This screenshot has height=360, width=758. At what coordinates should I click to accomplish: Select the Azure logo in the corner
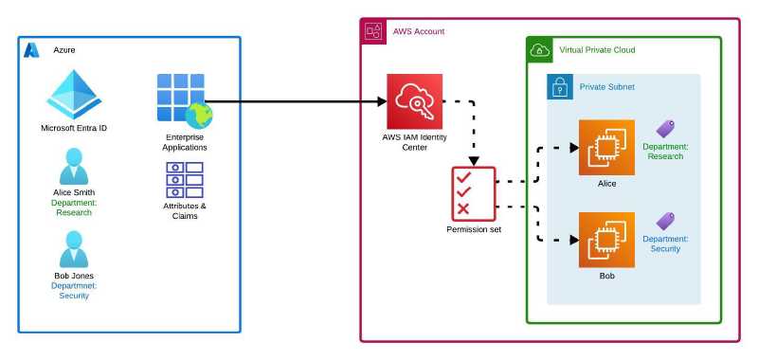31,49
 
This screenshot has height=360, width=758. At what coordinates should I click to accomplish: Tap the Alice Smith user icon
73,167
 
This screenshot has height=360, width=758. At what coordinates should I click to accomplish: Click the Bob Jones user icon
73,250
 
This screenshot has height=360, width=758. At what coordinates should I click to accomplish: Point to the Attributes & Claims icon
185,179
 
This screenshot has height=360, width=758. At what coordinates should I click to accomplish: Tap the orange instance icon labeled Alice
606,148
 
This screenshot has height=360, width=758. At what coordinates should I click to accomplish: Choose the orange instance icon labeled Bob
606,240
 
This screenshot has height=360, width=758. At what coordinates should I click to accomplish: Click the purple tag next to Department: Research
666,130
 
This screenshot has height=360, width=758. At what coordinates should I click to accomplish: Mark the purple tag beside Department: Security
666,222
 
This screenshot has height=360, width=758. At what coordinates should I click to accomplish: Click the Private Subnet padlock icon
561,87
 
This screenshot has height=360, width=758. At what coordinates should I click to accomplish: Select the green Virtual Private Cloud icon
539,49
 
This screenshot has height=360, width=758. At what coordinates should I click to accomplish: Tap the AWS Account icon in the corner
372,31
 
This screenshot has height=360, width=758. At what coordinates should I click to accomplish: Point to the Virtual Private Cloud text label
597,50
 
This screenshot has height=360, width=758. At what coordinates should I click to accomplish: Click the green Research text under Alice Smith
73,212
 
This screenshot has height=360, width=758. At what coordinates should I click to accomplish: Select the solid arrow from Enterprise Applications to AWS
294,101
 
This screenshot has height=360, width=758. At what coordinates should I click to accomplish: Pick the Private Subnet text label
607,87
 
